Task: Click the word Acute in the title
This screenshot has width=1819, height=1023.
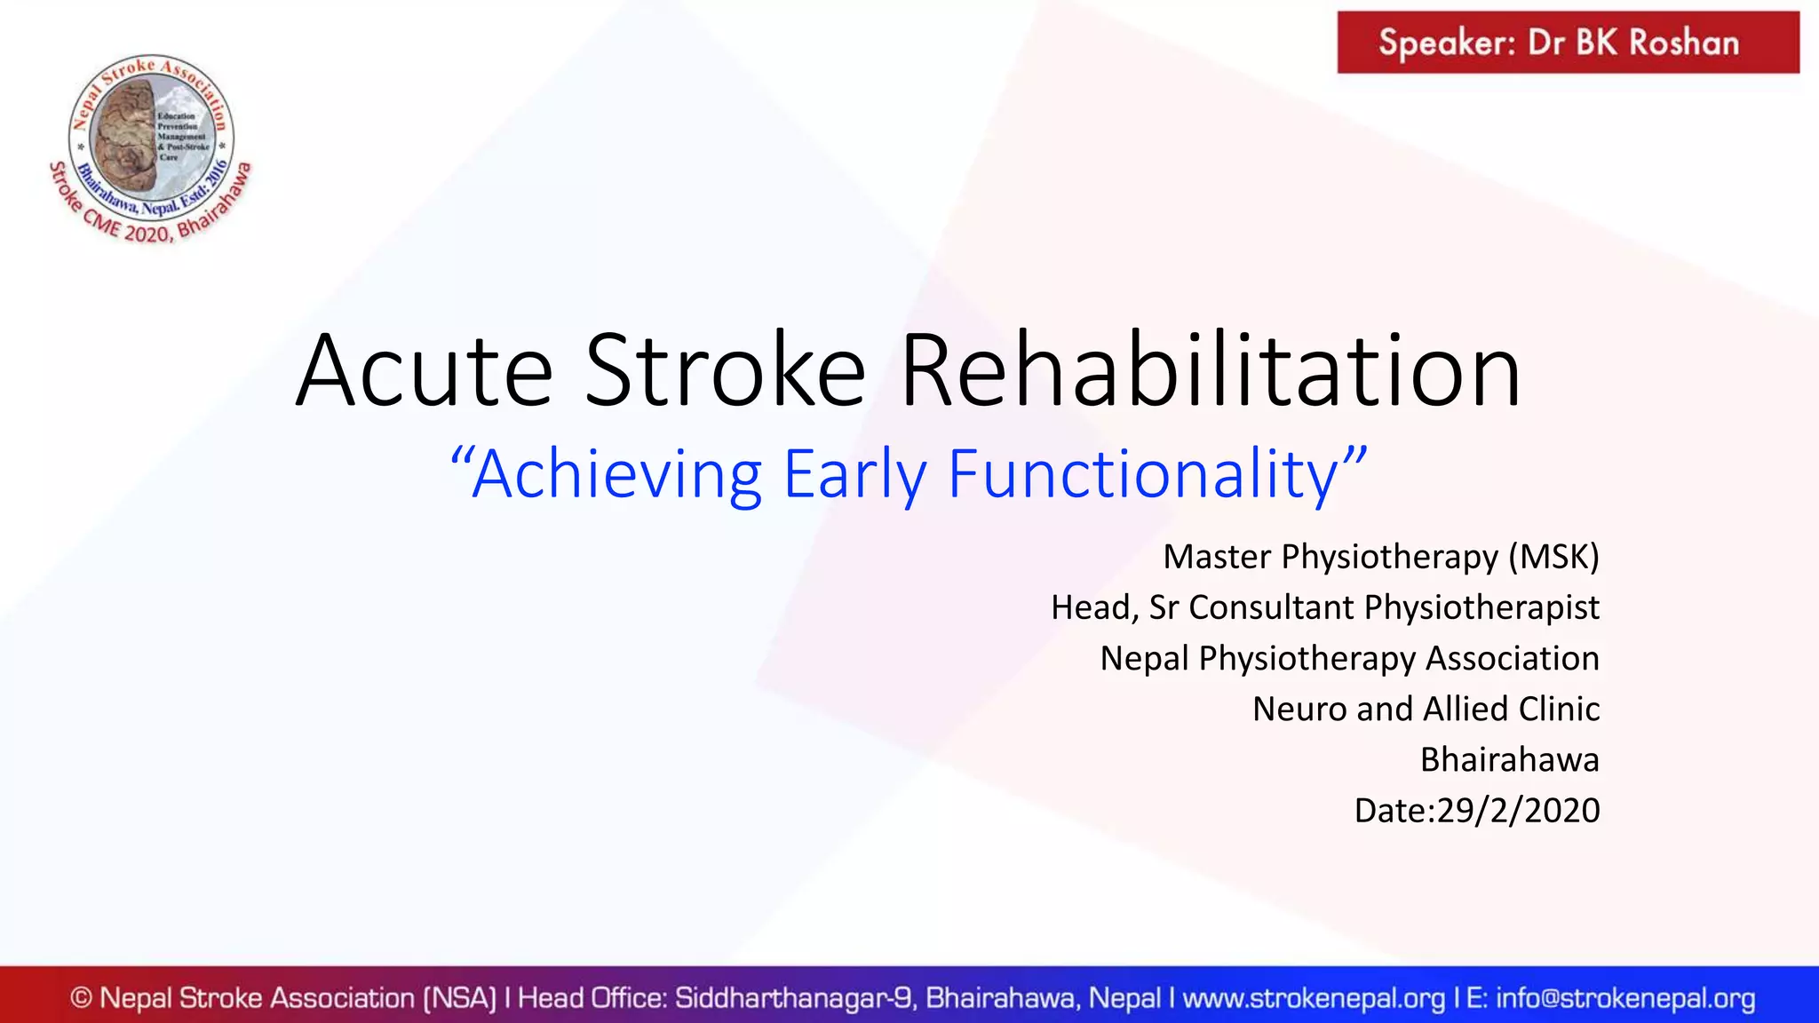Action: point(425,371)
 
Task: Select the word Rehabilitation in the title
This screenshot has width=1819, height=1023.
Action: point(1210,371)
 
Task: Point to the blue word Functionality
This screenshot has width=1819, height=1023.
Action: point(1144,476)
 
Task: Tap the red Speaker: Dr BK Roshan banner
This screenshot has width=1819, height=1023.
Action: point(1568,43)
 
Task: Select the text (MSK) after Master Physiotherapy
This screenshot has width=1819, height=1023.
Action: point(1553,557)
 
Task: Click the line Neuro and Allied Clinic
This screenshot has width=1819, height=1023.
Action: point(1426,709)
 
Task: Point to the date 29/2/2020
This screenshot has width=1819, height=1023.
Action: point(1518,811)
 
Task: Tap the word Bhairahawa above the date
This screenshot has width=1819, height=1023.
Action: point(1509,760)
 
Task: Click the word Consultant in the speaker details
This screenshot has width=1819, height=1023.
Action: point(1271,607)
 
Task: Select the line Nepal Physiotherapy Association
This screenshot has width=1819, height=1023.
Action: point(1349,658)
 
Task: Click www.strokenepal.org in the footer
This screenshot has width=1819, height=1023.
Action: point(1314,998)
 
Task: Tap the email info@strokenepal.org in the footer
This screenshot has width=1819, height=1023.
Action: point(1625,998)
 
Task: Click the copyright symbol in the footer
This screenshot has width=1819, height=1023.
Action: point(81,998)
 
